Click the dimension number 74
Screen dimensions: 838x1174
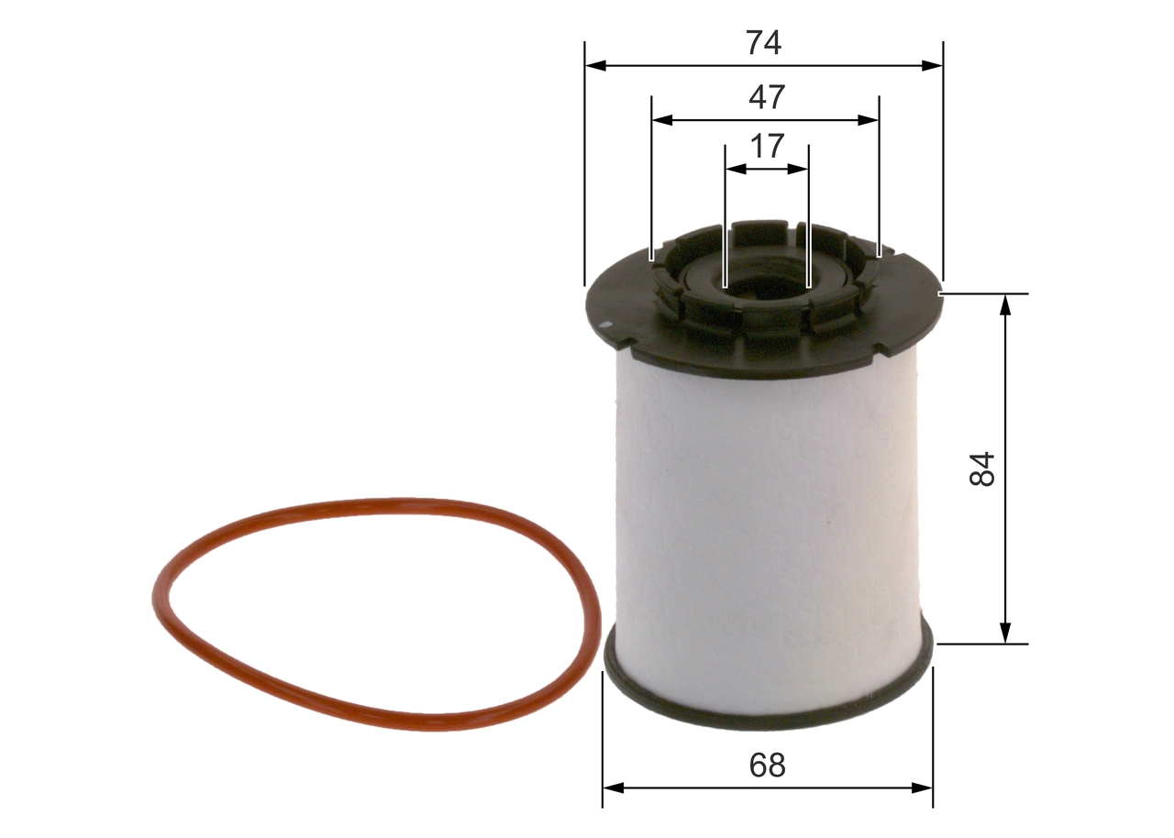tap(763, 43)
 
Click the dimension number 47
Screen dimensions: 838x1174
tap(766, 97)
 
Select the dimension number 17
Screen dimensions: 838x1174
tap(767, 146)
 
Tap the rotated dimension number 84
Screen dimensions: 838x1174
tap(981, 469)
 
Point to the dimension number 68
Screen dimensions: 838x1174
tap(767, 765)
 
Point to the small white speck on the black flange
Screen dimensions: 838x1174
tap(605, 325)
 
